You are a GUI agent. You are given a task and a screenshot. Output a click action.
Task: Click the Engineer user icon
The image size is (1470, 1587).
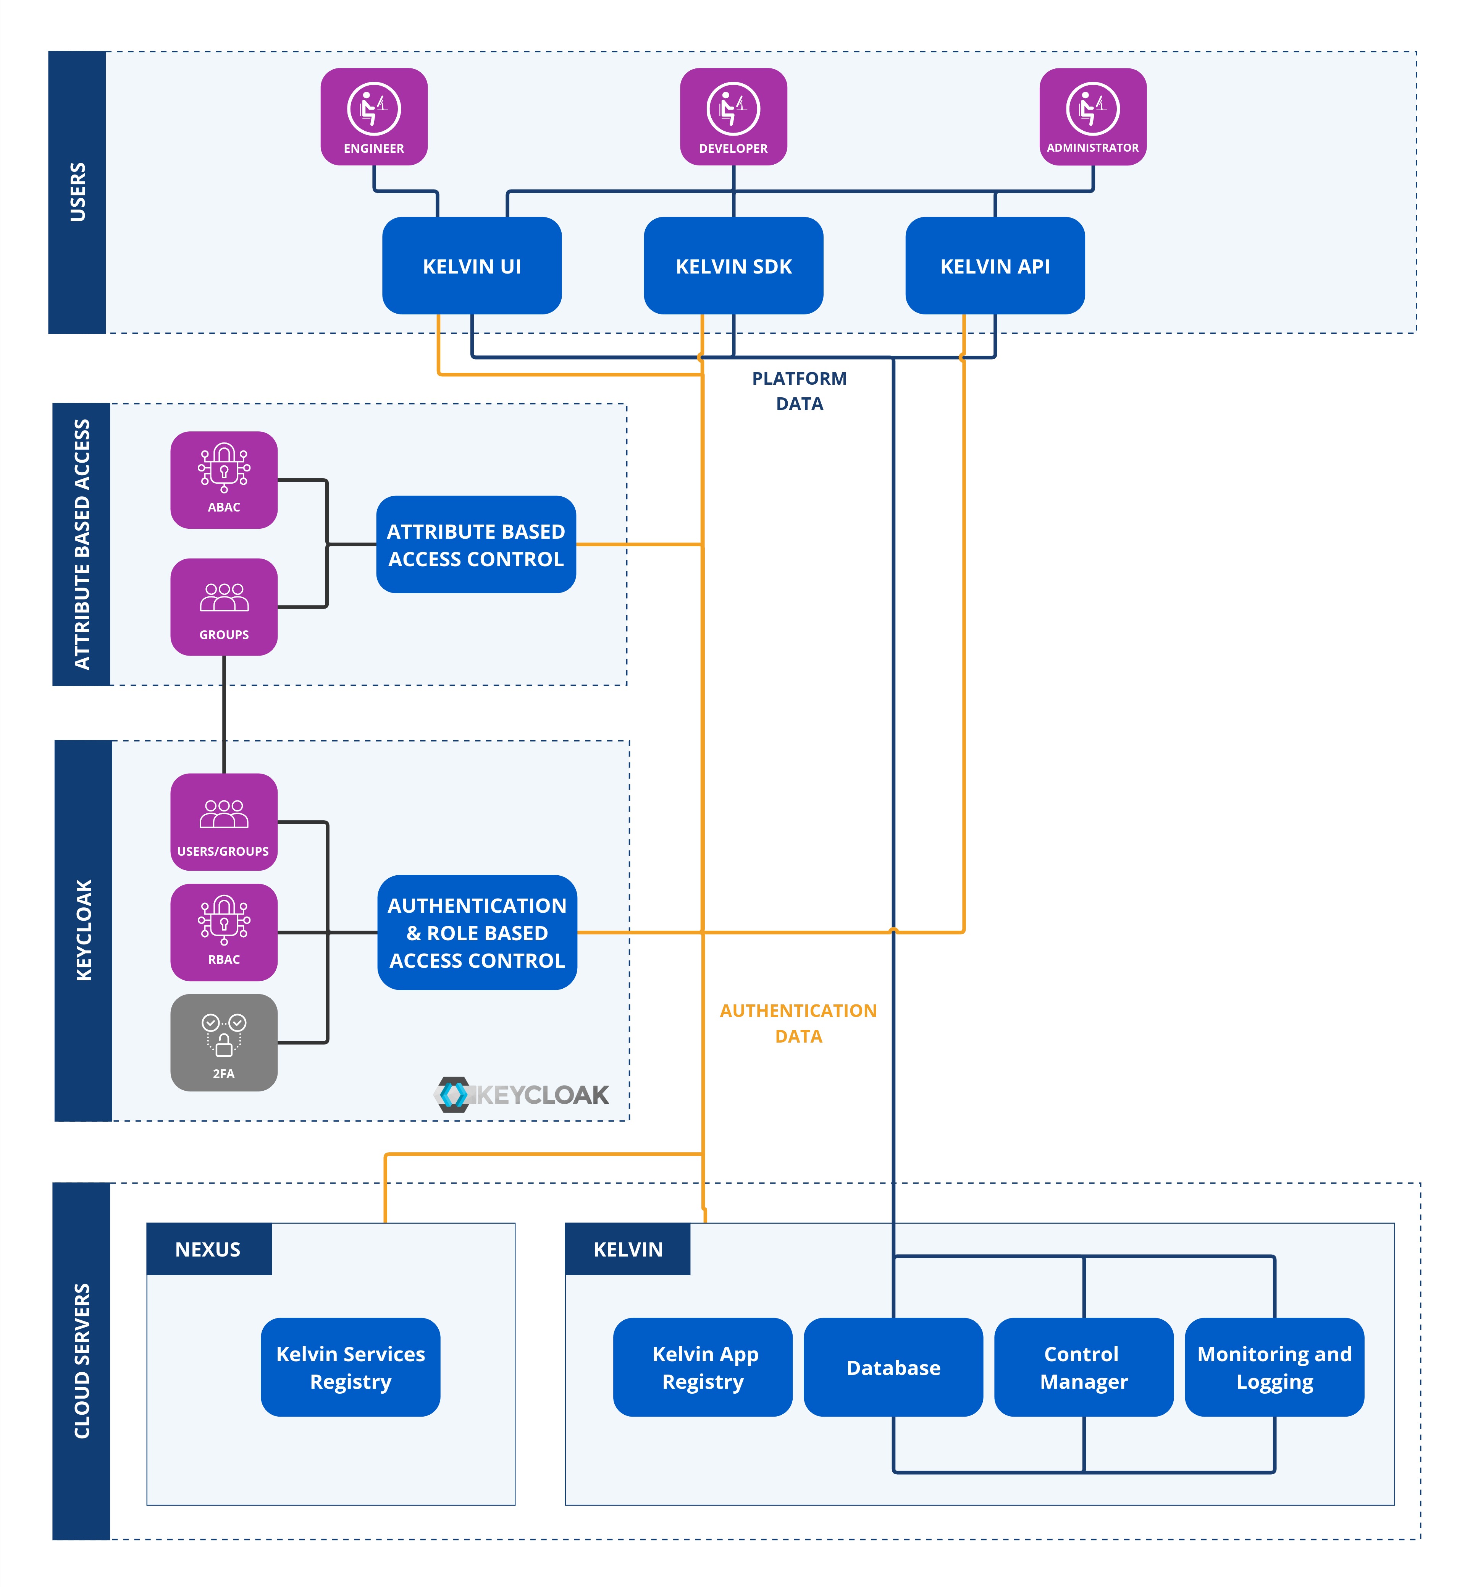374,116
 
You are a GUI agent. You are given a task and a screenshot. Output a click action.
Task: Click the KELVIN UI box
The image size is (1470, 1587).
472,266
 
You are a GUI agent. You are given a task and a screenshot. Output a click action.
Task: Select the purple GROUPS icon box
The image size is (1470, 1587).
223,606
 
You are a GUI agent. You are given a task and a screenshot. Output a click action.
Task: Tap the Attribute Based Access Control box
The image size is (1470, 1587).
476,544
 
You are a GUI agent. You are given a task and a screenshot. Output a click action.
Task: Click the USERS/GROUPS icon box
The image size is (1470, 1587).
223,821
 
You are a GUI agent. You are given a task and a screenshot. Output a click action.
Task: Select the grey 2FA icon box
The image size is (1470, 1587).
223,1042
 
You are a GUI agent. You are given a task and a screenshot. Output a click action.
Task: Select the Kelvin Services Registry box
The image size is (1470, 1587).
350,1367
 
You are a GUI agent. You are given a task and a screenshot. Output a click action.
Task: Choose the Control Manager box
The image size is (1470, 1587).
1084,1367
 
